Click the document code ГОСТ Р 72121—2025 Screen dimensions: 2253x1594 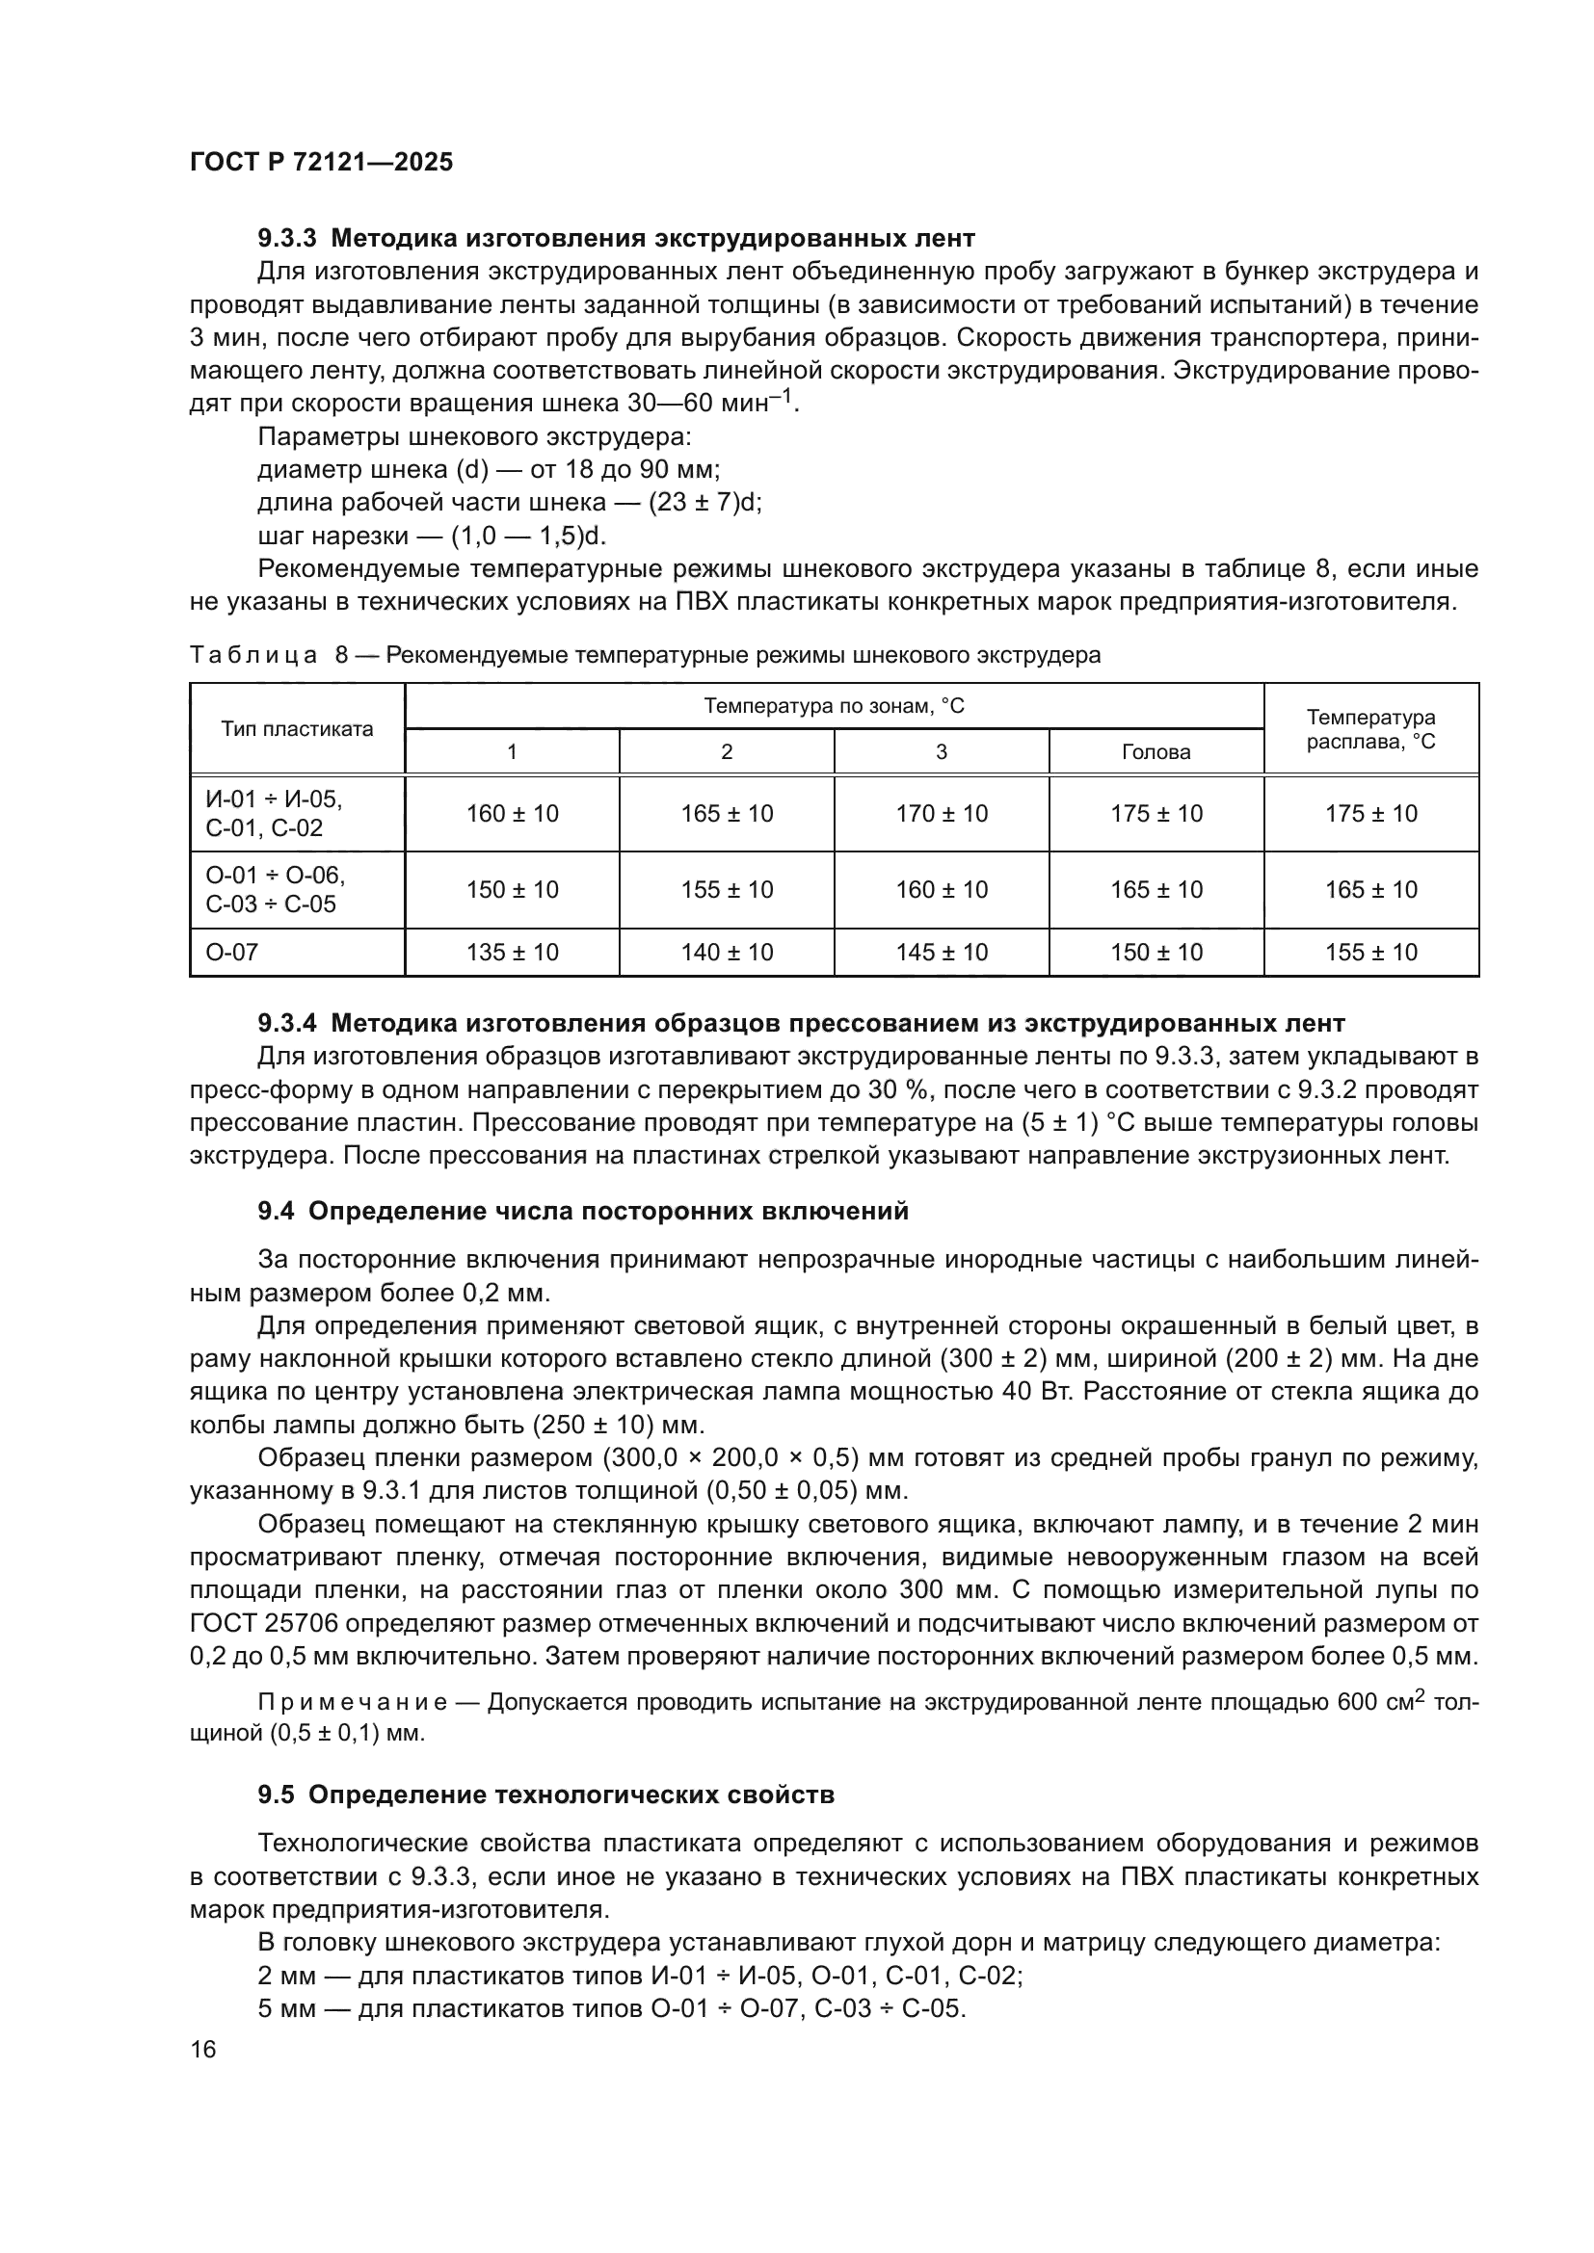point(322,163)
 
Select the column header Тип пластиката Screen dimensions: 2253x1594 point(298,729)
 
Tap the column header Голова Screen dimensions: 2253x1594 point(1156,752)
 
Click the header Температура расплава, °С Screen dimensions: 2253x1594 point(1370,729)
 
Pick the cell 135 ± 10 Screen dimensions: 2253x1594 point(512,952)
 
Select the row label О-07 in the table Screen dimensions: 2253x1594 point(231,952)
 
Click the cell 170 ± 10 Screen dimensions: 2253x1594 point(942,814)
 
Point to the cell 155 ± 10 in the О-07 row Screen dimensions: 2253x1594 point(1370,952)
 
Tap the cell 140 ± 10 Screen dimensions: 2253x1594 point(727,952)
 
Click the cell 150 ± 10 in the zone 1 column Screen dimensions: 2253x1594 point(512,890)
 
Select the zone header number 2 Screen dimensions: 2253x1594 point(727,752)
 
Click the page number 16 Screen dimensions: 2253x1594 point(203,2050)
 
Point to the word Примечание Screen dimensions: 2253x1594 point(353,1701)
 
